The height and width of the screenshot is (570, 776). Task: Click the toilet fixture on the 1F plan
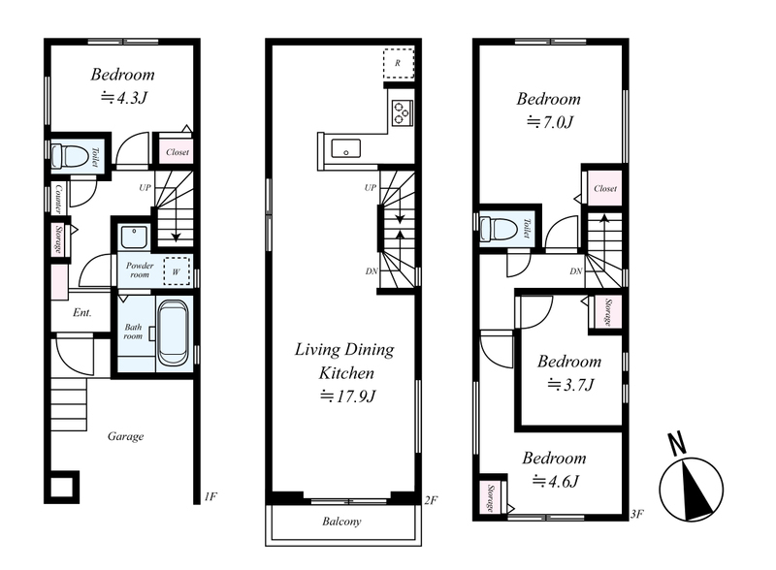69,156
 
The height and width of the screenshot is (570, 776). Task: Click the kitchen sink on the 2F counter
345,148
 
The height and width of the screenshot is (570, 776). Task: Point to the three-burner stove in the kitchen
403,112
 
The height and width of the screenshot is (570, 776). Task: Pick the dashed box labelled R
399,63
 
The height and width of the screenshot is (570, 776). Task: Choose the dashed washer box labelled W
177,271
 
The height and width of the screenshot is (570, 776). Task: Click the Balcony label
341,521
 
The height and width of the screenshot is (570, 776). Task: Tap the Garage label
126,436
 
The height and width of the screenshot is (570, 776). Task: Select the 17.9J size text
348,396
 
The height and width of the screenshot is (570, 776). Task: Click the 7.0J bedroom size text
550,122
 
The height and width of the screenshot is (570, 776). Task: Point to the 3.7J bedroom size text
570,385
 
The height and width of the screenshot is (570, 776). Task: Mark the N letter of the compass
677,443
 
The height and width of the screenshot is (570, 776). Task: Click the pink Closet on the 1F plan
177,151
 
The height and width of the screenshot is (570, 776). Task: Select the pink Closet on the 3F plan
605,188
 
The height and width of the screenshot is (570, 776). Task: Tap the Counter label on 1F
58,199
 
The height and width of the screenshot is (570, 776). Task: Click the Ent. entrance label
82,313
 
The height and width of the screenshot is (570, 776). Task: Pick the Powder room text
140,269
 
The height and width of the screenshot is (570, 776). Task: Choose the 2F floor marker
431,500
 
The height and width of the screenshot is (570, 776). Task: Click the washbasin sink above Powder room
134,237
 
